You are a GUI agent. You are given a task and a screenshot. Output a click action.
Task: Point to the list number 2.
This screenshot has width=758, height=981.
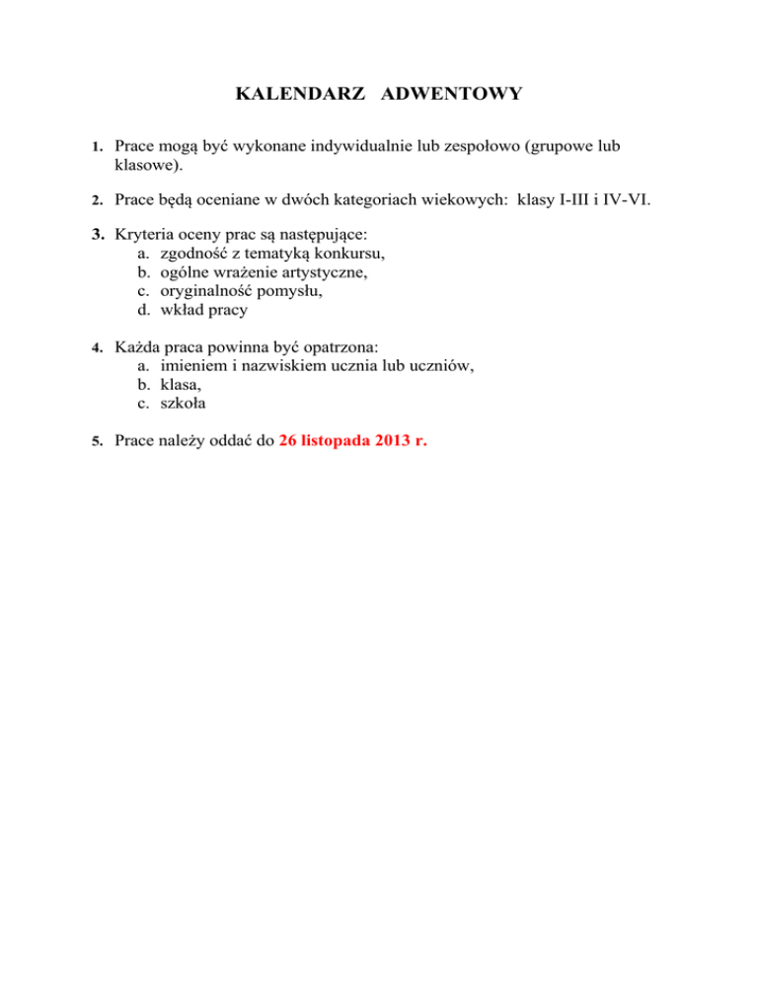(98, 202)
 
